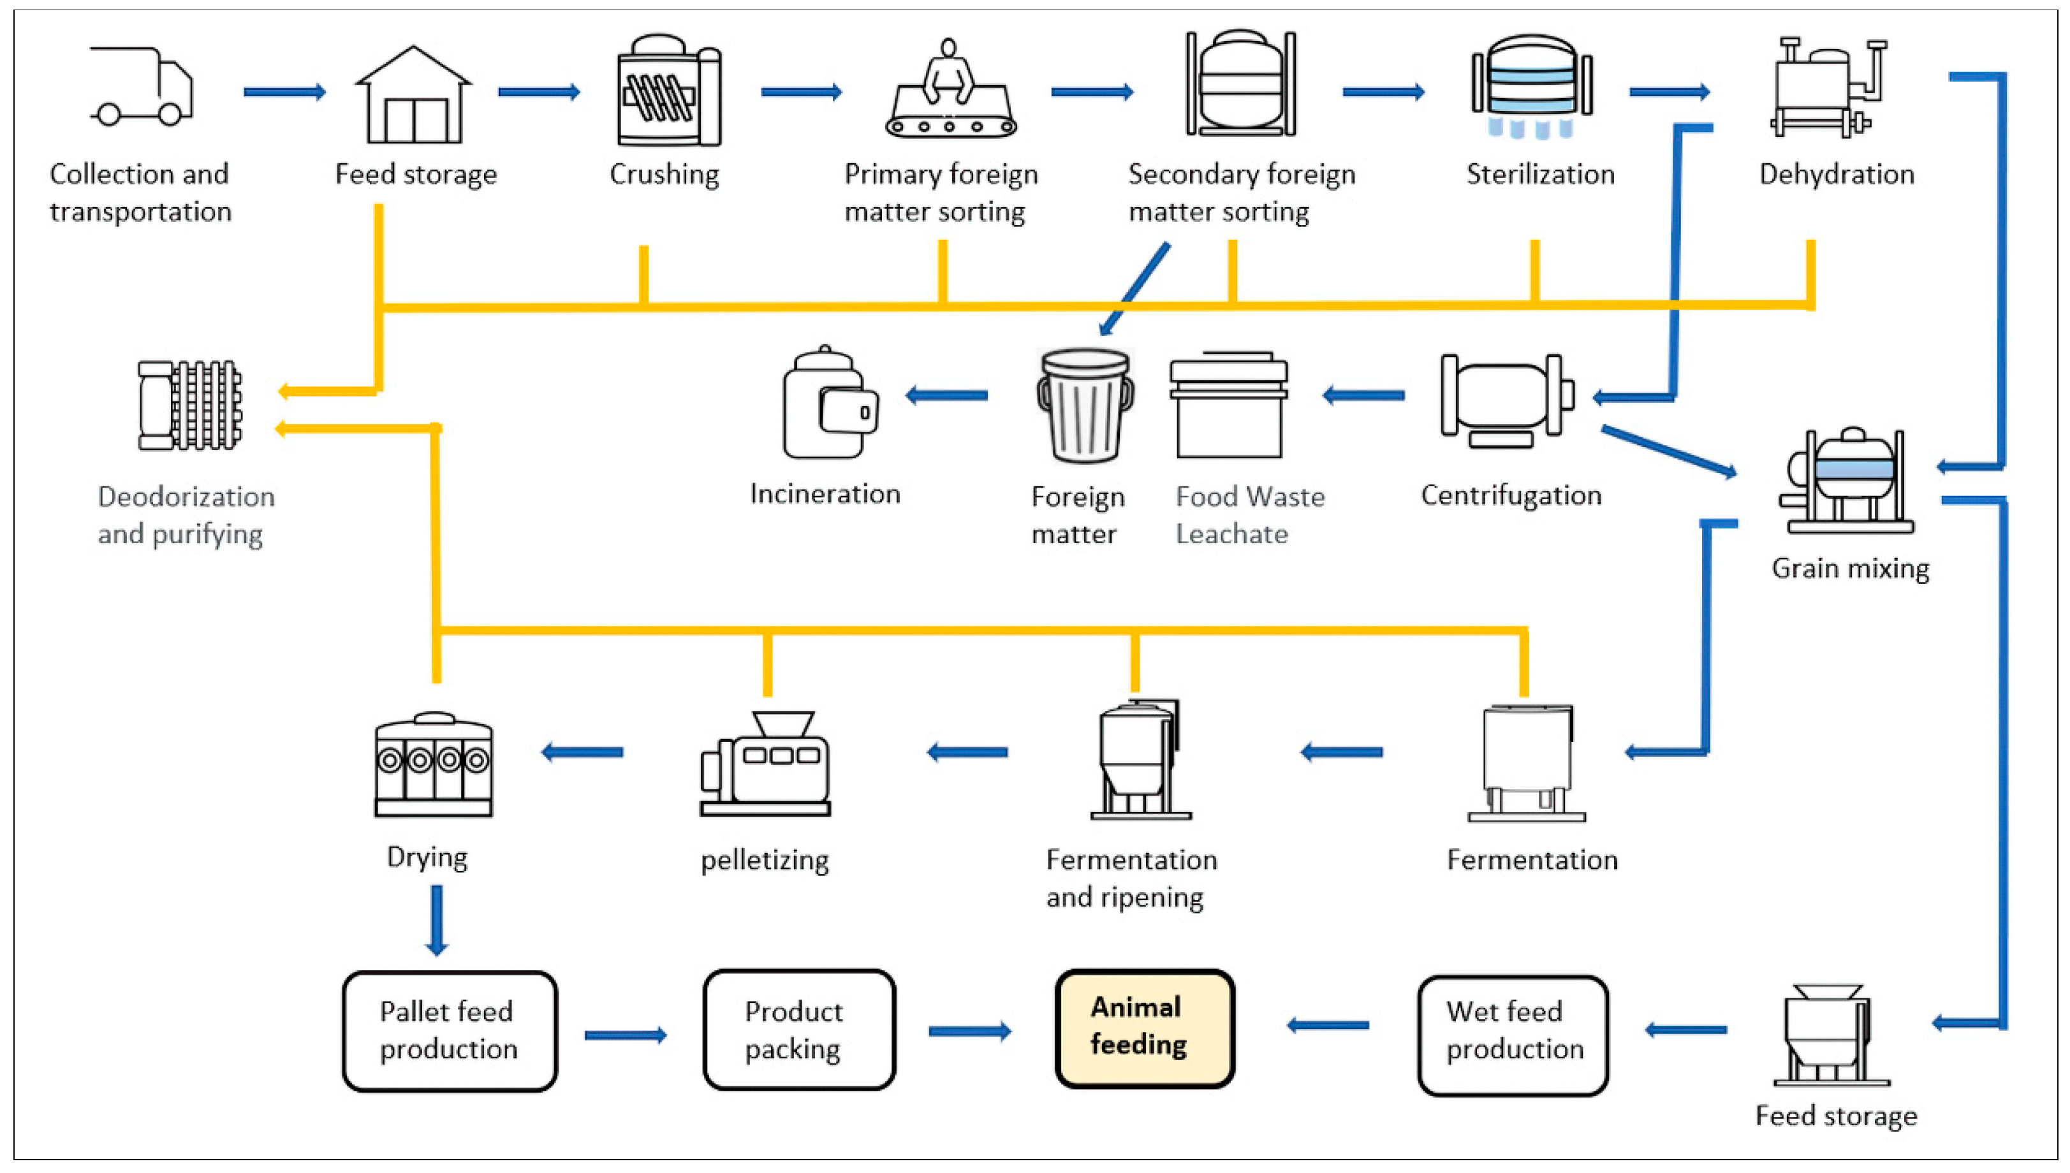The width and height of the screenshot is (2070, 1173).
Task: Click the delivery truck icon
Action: coord(142,86)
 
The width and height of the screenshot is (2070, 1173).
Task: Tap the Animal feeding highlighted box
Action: coord(1144,1029)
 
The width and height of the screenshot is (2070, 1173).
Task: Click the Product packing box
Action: coord(798,1029)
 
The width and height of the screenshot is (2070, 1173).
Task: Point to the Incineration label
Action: coord(825,493)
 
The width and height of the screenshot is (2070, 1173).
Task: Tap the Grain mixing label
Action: coord(1849,568)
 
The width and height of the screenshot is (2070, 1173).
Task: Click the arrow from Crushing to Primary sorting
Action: coord(801,92)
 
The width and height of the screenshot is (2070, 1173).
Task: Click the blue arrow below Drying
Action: coord(437,919)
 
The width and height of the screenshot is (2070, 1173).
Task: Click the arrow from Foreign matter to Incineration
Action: coord(947,395)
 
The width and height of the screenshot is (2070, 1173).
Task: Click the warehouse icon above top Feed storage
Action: coord(413,94)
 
